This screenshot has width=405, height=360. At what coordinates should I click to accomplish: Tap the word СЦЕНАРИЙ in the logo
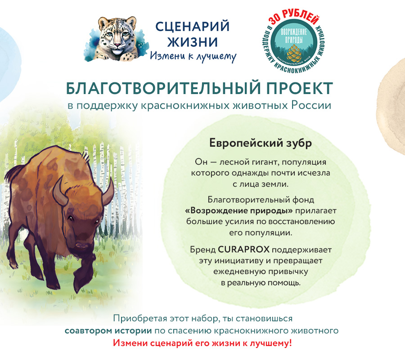pyautogui.click(x=192, y=27)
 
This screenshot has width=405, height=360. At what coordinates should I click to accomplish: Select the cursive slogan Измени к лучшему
pyautogui.click(x=193, y=56)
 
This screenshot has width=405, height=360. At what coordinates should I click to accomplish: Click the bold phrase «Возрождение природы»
pyautogui.click(x=239, y=211)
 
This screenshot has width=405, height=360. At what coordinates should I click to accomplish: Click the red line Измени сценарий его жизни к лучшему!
pyautogui.click(x=202, y=343)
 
